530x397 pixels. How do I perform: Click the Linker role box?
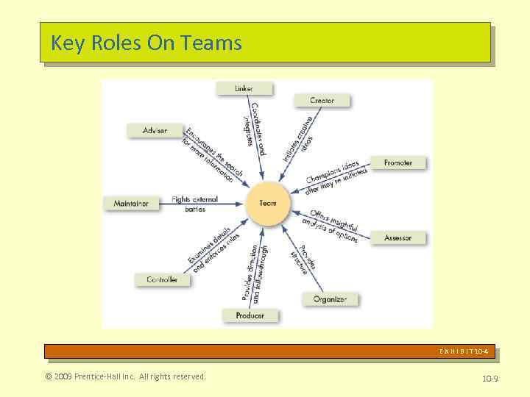point(244,88)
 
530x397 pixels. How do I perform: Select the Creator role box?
point(322,100)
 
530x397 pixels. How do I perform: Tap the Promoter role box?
point(397,162)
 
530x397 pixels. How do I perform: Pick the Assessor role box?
point(397,237)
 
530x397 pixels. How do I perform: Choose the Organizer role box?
point(330,299)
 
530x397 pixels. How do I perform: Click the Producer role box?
point(250,315)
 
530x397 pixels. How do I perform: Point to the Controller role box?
point(162,279)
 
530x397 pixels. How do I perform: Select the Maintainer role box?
point(132,204)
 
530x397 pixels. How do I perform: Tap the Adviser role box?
point(155,130)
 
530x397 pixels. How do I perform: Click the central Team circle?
point(268,203)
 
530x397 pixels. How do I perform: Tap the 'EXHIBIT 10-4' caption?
point(464,351)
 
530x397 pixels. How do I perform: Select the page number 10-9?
point(490,379)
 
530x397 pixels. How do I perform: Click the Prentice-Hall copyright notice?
point(125,377)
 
